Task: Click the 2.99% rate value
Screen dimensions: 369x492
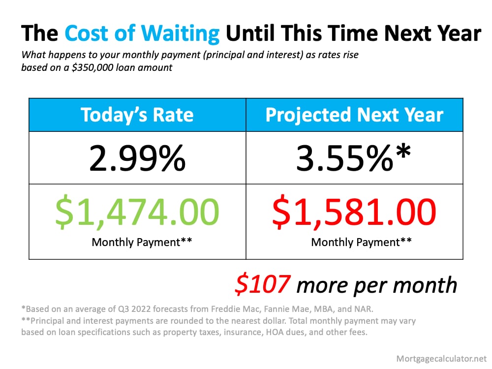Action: click(137, 158)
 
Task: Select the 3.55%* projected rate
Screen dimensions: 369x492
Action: click(354, 158)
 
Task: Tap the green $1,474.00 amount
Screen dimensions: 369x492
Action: click(137, 212)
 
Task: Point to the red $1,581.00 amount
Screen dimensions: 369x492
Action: click(354, 212)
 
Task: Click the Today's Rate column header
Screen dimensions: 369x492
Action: click(137, 115)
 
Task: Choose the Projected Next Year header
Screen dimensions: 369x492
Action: click(354, 115)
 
